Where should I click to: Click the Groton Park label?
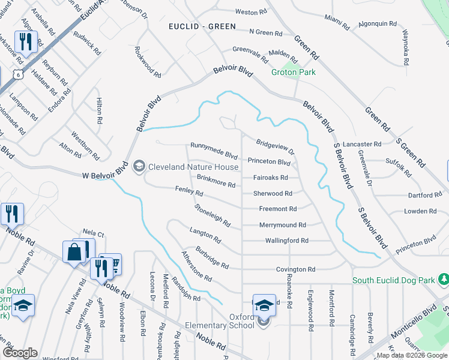click(294, 72)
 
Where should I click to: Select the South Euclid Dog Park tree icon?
click(443, 280)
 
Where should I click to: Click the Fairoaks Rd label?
click(270, 178)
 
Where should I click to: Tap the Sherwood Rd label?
click(273, 194)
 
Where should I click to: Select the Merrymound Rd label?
click(282, 225)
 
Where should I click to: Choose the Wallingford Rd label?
click(286, 241)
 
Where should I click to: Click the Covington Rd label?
click(295, 270)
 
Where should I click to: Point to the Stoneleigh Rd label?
click(212, 215)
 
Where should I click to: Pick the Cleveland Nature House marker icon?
click(139, 166)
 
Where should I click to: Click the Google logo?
click(20, 353)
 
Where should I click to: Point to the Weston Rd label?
click(251, 12)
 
